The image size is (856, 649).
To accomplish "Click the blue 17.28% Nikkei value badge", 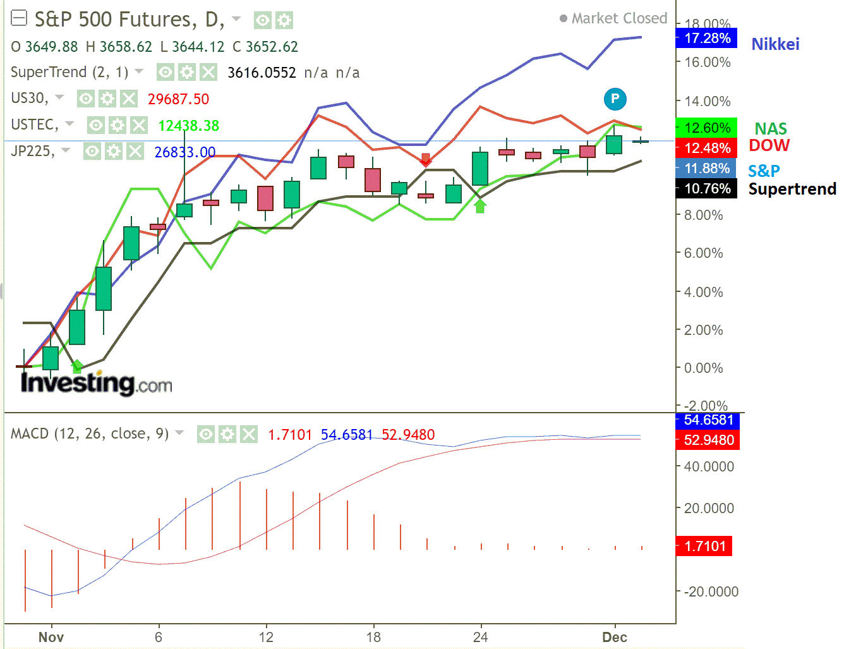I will tap(706, 38).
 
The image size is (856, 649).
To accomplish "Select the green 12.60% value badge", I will tap(706, 128).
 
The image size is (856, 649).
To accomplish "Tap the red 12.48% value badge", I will tap(706, 148).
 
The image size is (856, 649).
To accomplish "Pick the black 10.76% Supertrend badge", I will tap(706, 188).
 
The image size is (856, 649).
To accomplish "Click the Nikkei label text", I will tap(775, 44).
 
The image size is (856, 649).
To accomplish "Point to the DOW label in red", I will tap(769, 145).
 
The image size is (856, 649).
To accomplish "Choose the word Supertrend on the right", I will tap(792, 189).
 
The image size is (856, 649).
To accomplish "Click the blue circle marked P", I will tap(615, 99).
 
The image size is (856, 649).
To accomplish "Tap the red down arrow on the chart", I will tap(426, 159).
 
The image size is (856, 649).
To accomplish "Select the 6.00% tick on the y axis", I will tap(703, 253).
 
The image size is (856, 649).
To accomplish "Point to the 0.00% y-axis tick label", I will tap(703, 368).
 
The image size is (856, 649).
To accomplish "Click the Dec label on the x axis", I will tap(614, 637).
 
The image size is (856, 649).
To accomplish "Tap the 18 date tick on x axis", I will tap(373, 637).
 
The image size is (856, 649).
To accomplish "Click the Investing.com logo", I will tap(96, 383).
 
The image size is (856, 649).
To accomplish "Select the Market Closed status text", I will tap(618, 18).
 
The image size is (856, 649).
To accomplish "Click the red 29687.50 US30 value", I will tap(178, 99).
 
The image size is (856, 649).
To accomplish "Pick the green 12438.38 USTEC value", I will tap(188, 126).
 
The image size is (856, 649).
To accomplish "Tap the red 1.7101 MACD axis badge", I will tap(704, 546).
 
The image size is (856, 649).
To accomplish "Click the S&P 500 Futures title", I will tap(129, 20).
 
